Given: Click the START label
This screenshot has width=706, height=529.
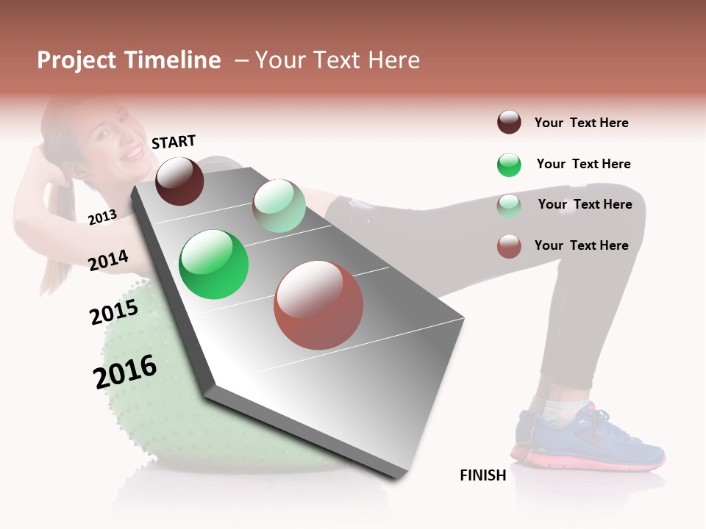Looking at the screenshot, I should [x=174, y=142].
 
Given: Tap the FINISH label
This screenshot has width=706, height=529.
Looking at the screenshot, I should [x=483, y=475].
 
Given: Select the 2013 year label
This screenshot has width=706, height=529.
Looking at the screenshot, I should [x=102, y=217].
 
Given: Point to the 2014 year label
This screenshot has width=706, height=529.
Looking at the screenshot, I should [x=108, y=261].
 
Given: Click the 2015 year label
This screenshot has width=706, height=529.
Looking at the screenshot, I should [x=114, y=312].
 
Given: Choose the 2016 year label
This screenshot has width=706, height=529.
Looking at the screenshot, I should [x=125, y=372].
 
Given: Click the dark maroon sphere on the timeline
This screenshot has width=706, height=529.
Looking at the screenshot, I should [x=179, y=181].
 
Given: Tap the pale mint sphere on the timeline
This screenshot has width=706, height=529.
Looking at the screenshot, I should [x=279, y=206].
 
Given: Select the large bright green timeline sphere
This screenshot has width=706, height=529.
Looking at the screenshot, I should [x=214, y=264].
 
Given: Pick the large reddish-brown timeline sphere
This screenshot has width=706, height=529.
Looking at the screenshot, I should [x=318, y=305].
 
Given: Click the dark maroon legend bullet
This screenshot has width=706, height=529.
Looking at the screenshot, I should [x=509, y=123].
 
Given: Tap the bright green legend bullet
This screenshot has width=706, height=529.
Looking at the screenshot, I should [x=509, y=165].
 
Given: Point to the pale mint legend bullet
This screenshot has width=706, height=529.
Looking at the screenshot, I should [x=509, y=206].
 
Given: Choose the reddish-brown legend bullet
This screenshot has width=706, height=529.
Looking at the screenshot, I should [x=509, y=246].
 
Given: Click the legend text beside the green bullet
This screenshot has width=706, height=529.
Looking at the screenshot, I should [x=583, y=164].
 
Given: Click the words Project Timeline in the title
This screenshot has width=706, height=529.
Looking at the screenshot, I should [x=129, y=60].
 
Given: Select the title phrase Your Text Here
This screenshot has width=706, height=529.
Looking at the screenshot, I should [x=337, y=60].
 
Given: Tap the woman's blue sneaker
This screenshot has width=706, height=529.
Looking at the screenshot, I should [x=588, y=441].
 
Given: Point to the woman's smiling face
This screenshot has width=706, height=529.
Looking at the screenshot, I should [x=121, y=140].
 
